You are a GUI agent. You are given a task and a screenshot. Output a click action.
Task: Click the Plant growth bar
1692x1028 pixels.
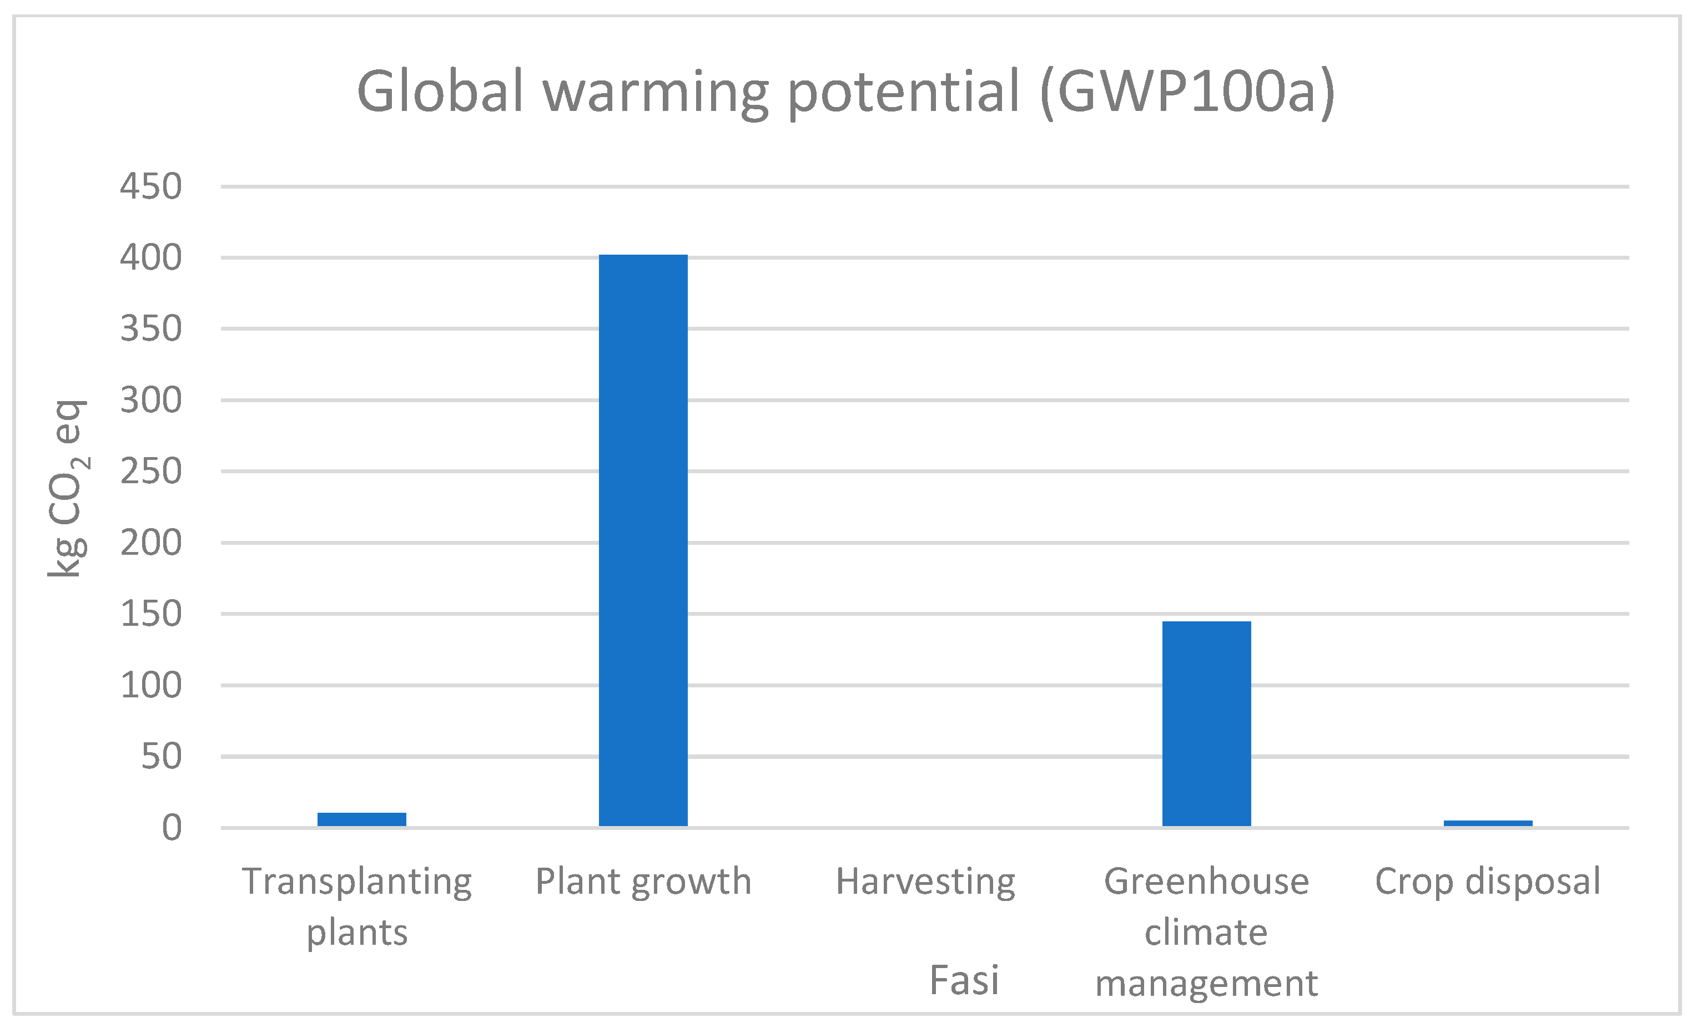(x=643, y=540)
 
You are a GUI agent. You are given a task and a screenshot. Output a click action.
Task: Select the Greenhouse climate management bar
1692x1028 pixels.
(x=1206, y=723)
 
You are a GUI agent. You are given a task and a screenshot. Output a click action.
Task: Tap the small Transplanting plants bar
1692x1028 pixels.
(x=361, y=819)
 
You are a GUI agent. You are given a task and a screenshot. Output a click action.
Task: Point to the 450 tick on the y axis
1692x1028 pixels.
(x=150, y=186)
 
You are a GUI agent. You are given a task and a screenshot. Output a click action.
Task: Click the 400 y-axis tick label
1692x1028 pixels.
(x=150, y=258)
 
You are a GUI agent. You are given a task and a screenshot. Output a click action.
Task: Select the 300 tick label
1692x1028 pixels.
(x=150, y=400)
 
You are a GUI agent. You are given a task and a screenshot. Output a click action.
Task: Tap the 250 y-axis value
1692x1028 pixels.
(x=150, y=472)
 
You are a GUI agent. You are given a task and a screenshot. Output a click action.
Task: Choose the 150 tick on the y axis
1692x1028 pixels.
(x=150, y=614)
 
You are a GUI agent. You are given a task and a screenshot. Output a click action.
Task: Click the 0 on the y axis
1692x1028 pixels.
(x=171, y=828)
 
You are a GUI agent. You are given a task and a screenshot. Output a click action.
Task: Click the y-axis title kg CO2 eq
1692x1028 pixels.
(x=67, y=489)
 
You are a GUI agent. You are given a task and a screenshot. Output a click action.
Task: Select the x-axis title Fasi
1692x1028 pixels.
(x=964, y=980)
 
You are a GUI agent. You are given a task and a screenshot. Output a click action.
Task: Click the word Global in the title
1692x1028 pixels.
(x=440, y=92)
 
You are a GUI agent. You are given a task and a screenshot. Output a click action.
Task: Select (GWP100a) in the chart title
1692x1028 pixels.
(x=1187, y=92)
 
